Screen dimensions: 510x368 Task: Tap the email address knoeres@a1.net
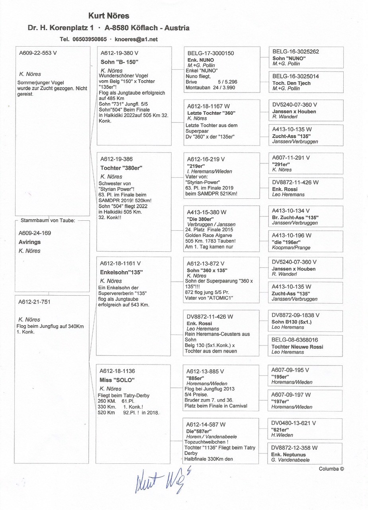[136, 39]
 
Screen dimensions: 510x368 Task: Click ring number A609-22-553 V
[38, 53]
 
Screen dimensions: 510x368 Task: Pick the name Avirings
[30, 242]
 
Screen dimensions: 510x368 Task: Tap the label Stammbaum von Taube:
[47, 220]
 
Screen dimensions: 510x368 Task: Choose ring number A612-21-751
[35, 302]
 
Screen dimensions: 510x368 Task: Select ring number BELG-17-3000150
[211, 53]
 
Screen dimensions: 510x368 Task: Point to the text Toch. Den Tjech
[291, 83]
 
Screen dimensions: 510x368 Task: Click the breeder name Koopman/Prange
[291, 247]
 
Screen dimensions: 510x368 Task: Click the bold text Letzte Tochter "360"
[209, 113]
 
